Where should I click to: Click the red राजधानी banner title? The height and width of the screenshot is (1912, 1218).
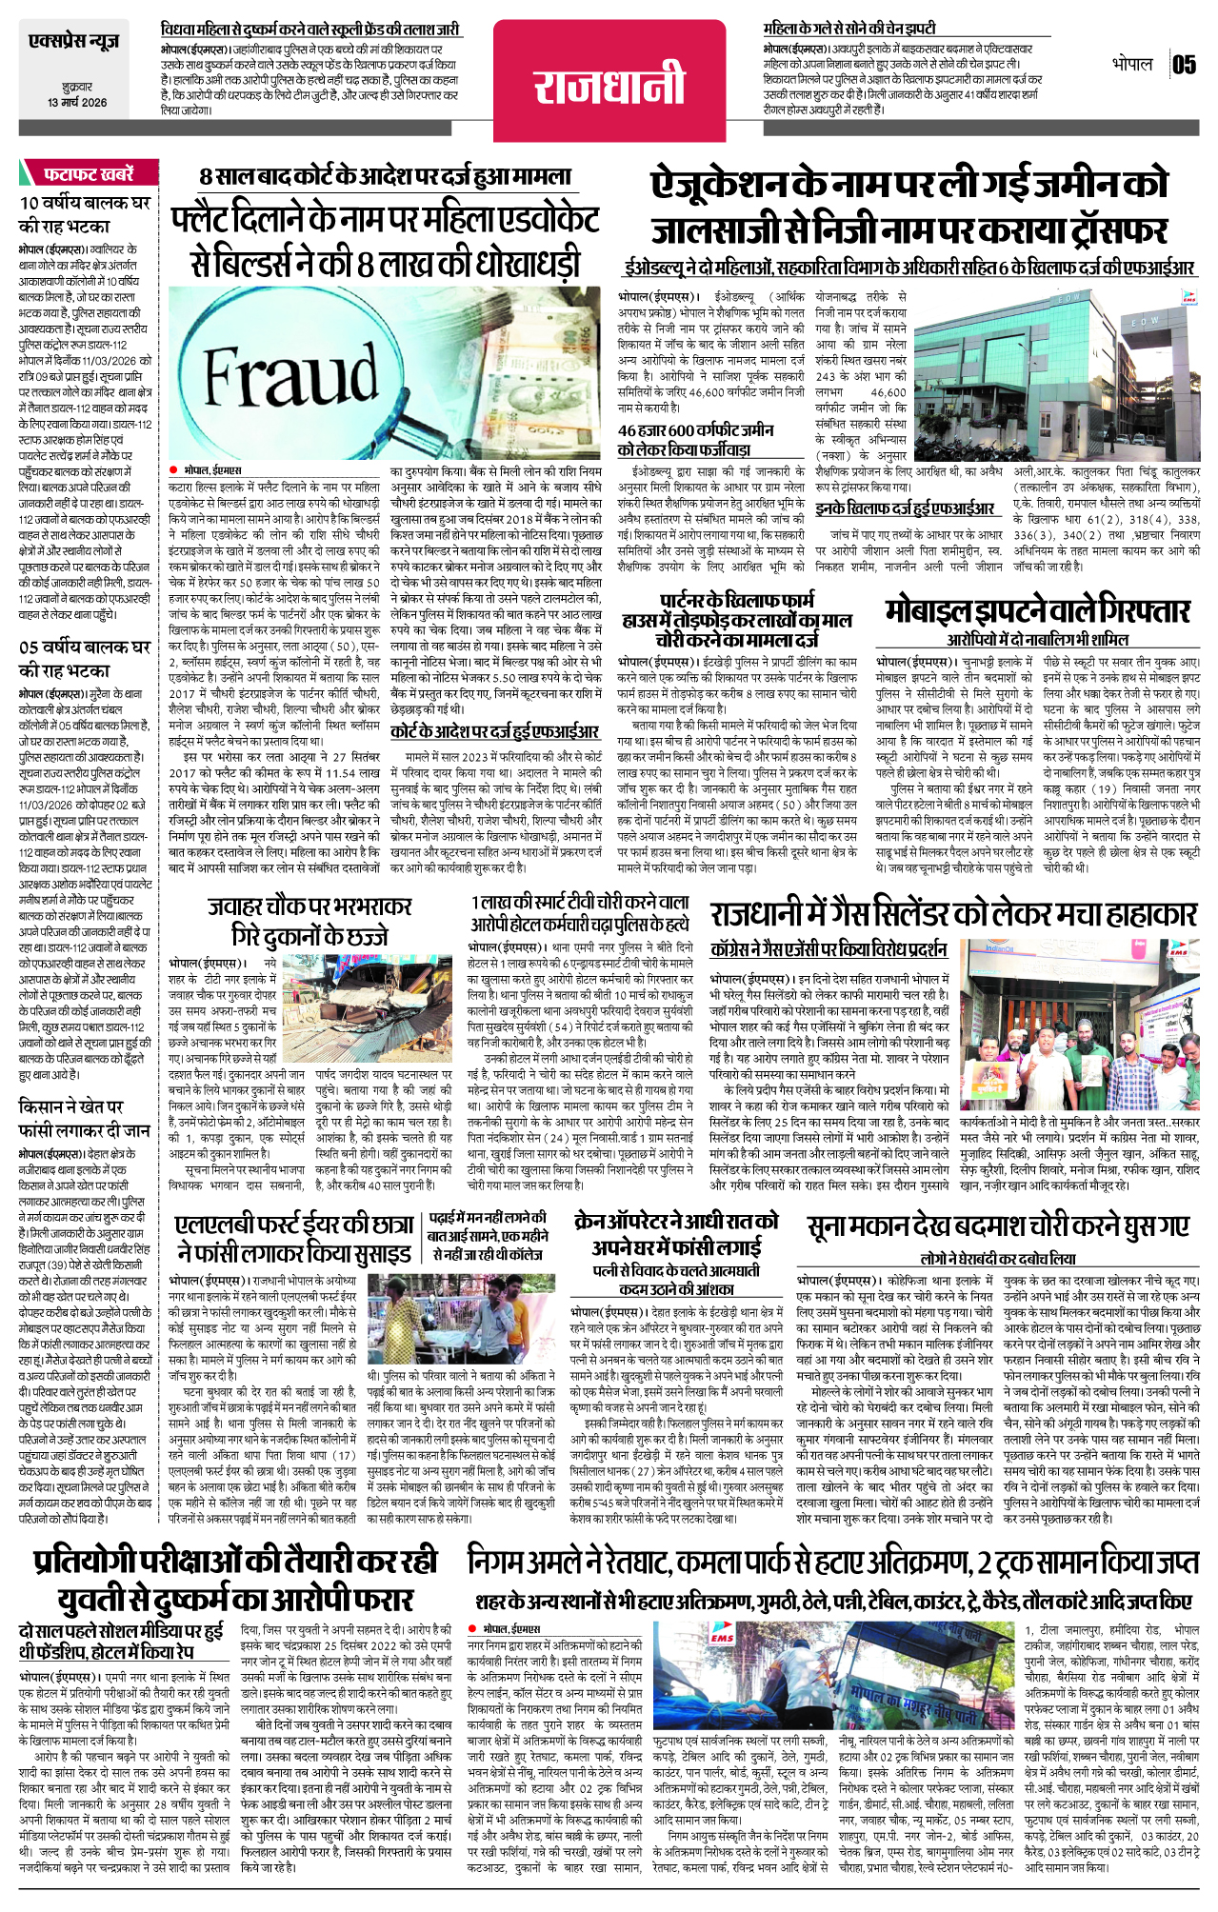(x=609, y=82)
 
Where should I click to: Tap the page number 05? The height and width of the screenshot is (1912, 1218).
(x=1184, y=65)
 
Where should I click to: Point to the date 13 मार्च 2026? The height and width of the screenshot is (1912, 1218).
(x=77, y=102)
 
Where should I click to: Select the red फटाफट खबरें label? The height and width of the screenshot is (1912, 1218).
(x=88, y=174)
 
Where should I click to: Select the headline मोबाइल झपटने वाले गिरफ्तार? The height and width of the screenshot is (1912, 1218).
(x=1037, y=610)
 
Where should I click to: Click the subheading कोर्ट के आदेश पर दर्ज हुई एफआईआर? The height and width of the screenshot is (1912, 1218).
(x=494, y=731)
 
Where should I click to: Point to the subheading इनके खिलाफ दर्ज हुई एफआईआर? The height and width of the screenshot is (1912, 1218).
(x=905, y=508)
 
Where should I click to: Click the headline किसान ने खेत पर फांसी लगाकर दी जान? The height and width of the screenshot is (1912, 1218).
(x=85, y=1119)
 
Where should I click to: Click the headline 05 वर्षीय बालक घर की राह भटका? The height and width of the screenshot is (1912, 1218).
(x=85, y=658)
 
